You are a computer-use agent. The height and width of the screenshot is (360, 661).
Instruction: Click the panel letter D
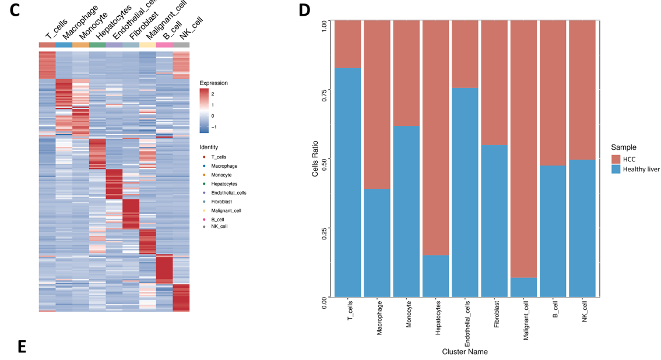pos(304,10)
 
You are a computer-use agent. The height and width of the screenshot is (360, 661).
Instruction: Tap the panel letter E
pos(22,347)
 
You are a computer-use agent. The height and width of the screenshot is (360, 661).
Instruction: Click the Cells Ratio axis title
pos(315,159)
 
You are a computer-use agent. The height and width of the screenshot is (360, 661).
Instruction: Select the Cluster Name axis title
pos(465,352)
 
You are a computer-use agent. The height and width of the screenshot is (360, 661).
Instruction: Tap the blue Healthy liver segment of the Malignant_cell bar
pos(524,287)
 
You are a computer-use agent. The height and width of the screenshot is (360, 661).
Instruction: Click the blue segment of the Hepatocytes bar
pos(436,276)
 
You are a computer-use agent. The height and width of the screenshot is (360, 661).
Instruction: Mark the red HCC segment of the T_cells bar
pos(348,44)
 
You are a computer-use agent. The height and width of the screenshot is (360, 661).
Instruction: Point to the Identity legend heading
pos(209,147)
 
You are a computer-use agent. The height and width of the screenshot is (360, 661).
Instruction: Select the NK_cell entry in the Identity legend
pos(219,226)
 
